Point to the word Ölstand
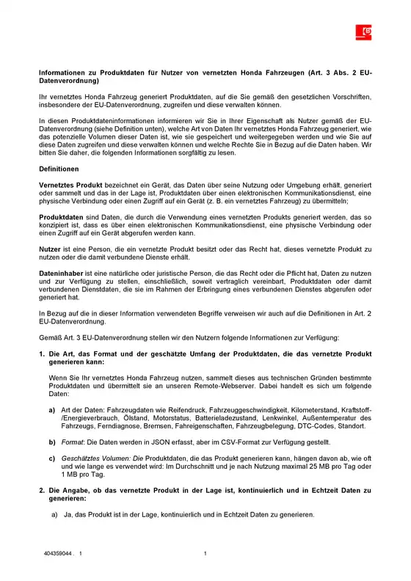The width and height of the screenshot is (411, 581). [x=125, y=418]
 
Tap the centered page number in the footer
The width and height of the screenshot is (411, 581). [x=205, y=553]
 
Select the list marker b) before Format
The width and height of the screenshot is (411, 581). [x=51, y=443]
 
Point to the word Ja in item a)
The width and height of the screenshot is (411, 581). [x=68, y=514]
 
